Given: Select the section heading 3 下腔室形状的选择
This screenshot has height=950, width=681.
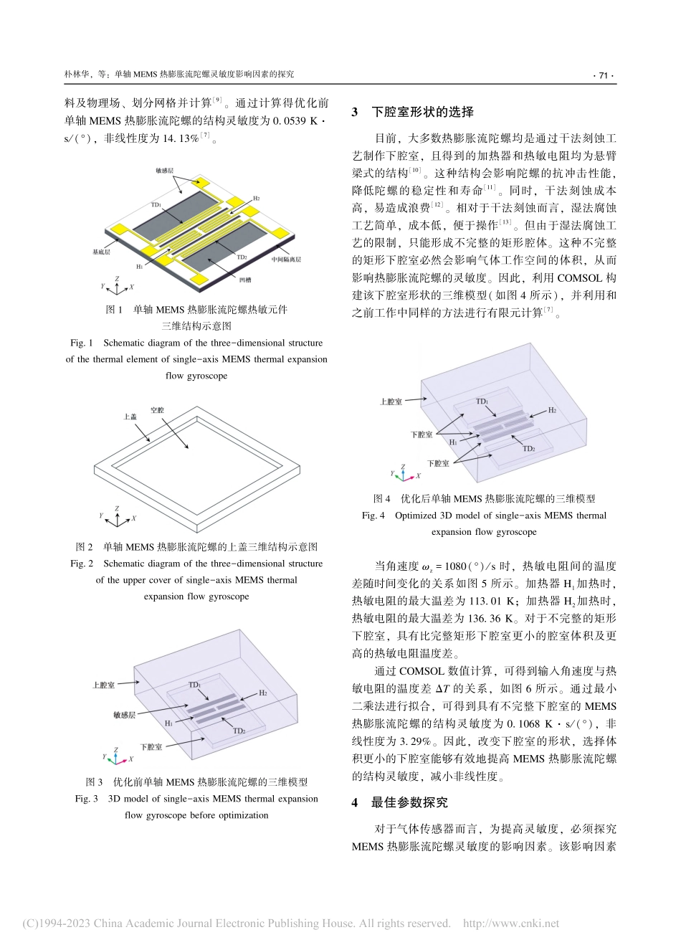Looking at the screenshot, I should pyautogui.click(x=413, y=112).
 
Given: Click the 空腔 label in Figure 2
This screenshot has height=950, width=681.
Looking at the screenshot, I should pyautogui.click(x=157, y=410).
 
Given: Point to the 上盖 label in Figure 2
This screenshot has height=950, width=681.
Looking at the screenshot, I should pyautogui.click(x=130, y=417).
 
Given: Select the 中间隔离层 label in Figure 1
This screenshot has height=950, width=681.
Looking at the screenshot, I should pyautogui.click(x=285, y=260).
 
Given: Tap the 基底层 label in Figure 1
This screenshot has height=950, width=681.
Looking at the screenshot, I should pyautogui.click(x=101, y=252).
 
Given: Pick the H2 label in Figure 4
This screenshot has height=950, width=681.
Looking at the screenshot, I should pyautogui.click(x=552, y=410).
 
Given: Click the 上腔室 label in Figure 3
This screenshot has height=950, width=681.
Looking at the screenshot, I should pyautogui.click(x=103, y=685).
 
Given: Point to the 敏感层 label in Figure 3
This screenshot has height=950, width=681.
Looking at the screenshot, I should pyautogui.click(x=124, y=715).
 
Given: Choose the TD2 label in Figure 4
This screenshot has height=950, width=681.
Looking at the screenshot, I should pyautogui.click(x=528, y=449).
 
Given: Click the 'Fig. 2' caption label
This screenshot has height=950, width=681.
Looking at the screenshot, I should pyautogui.click(x=82, y=564).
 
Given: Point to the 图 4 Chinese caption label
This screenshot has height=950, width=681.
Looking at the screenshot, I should pyautogui.click(x=381, y=498).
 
